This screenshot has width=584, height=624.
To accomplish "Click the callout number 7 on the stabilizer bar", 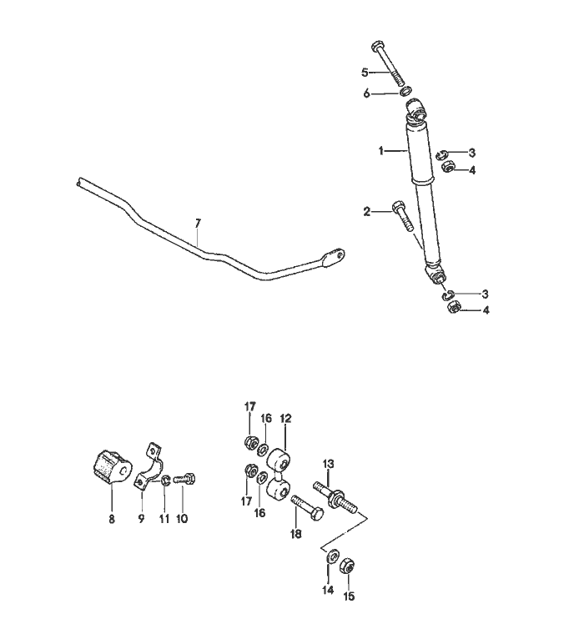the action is pyautogui.click(x=199, y=224).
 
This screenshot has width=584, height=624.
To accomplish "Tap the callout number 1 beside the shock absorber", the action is pyautogui.click(x=381, y=151).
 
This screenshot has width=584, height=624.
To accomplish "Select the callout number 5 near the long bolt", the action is pyautogui.click(x=365, y=73).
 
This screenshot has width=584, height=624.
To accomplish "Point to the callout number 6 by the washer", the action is pyautogui.click(x=366, y=94).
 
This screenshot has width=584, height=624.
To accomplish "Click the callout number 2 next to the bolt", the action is pyautogui.click(x=366, y=212).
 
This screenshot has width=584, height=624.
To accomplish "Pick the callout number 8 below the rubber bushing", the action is pyautogui.click(x=112, y=519).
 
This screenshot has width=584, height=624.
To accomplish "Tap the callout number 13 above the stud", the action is pyautogui.click(x=329, y=464).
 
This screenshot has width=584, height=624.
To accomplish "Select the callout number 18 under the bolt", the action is pyautogui.click(x=296, y=534).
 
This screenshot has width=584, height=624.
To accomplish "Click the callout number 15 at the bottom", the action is pyautogui.click(x=349, y=596).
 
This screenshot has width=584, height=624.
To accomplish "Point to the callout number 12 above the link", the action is pyautogui.click(x=285, y=419).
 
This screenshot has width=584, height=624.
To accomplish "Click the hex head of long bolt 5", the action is pyautogui.click(x=378, y=46).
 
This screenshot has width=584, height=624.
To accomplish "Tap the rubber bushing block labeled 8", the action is pyautogui.click(x=109, y=467).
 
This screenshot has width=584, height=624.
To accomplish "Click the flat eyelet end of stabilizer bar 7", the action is pyautogui.click(x=334, y=258).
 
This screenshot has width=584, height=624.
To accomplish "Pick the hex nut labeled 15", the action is pyautogui.click(x=347, y=566).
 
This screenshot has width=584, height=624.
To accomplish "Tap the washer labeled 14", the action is pyautogui.click(x=332, y=556).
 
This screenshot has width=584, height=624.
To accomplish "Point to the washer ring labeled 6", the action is pyautogui.click(x=405, y=91).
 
